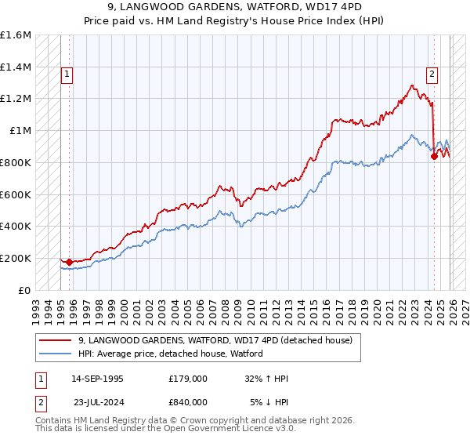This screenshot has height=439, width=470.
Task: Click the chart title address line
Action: [x=235, y=7]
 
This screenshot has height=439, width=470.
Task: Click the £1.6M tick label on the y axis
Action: [x=16, y=35]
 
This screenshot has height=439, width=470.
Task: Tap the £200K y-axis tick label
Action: [x=16, y=258]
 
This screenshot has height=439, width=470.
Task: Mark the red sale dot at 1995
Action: [x=69, y=262]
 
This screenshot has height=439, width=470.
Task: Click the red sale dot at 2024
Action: [x=434, y=156]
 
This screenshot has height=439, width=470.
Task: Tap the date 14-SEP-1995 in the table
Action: [x=96, y=379]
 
